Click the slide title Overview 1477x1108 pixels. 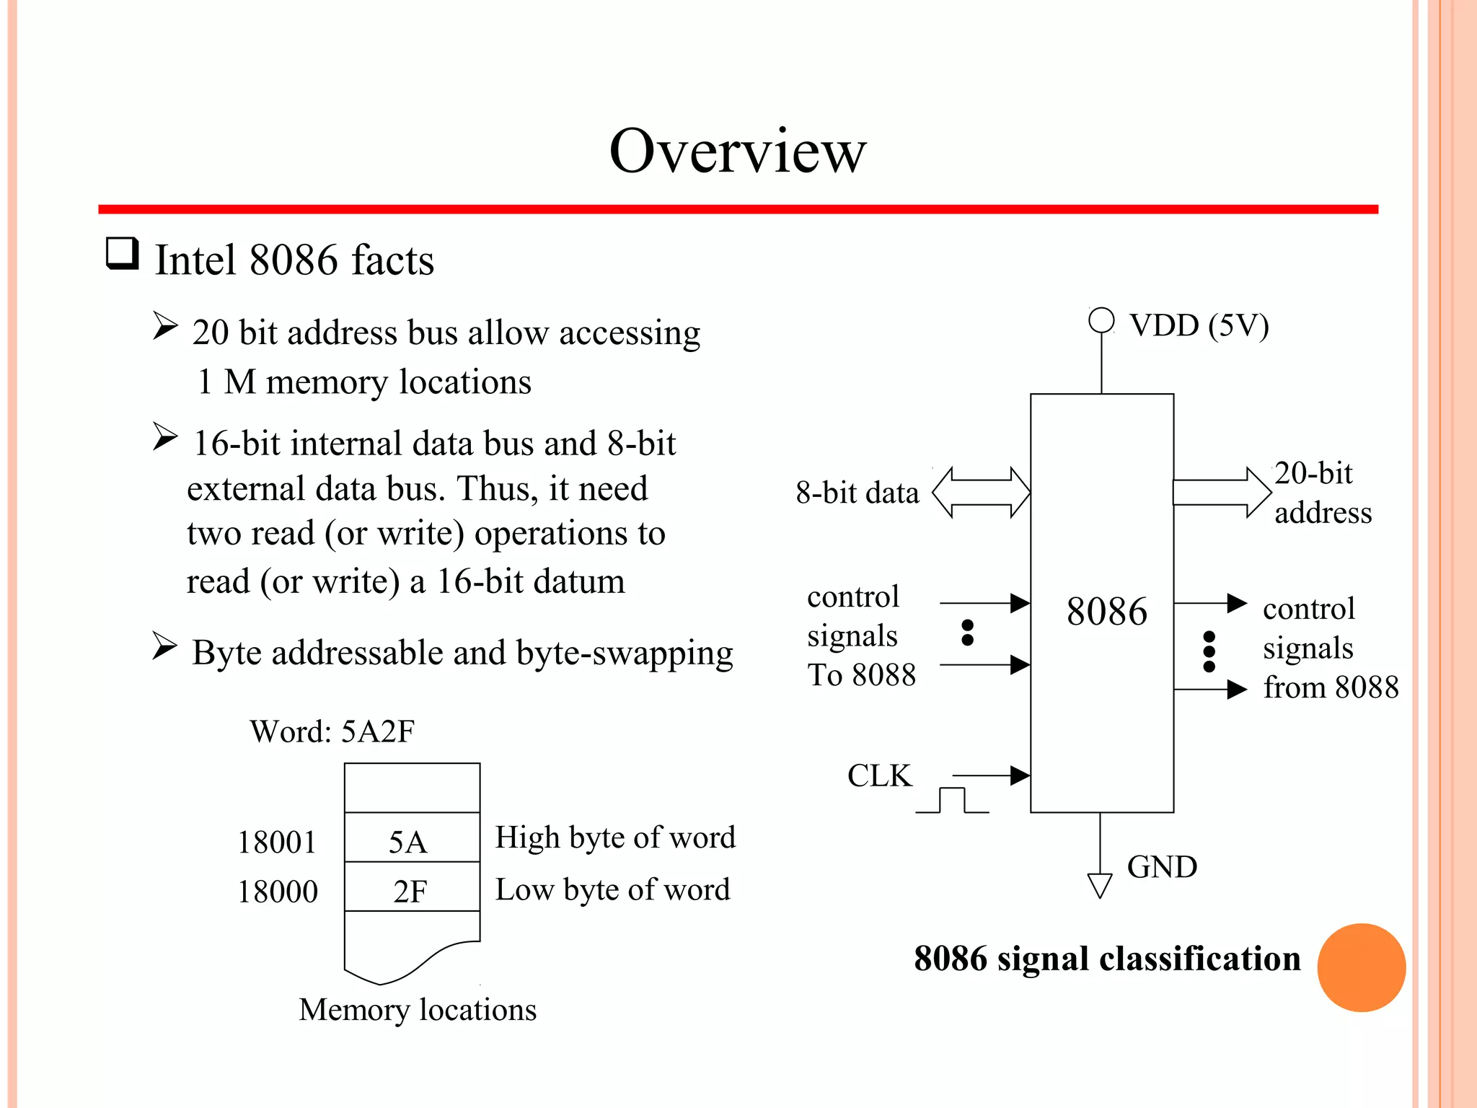click(x=737, y=151)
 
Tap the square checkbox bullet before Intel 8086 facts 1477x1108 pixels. click(x=122, y=254)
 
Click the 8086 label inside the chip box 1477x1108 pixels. click(x=1106, y=612)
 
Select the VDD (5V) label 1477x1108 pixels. click(x=1199, y=325)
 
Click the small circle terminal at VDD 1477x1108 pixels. click(x=1101, y=320)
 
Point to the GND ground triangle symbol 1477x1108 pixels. click(x=1099, y=885)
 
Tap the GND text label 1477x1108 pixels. click(x=1162, y=866)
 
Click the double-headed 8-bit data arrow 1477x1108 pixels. click(x=981, y=493)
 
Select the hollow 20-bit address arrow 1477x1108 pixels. click(x=1222, y=493)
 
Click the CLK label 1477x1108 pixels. click(x=879, y=775)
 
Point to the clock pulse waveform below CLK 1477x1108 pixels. click(x=952, y=801)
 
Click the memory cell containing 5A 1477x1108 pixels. click(x=412, y=838)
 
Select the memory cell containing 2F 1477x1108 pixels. click(x=412, y=888)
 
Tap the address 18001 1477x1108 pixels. click(x=277, y=842)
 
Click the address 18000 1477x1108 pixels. click(x=278, y=892)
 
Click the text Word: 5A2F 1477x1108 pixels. click(x=332, y=731)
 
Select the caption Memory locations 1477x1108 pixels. click(x=418, y=1010)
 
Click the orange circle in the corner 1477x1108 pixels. click(x=1361, y=967)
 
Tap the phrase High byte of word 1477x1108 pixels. click(x=615, y=837)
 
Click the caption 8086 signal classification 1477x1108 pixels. click(x=1107, y=959)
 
